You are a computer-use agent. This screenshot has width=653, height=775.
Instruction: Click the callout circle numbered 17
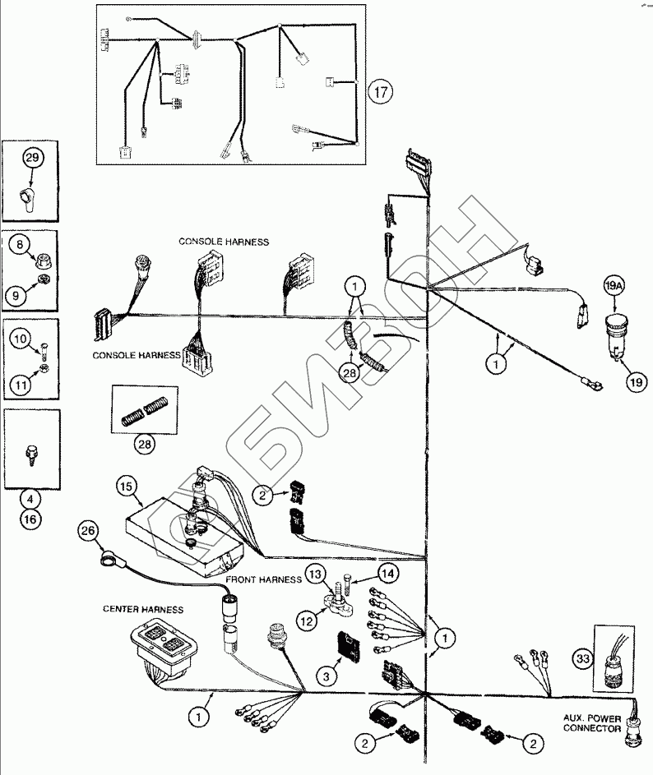pos(377,91)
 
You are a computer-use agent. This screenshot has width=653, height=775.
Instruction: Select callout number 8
pos(22,244)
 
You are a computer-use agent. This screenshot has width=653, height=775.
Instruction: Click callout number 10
pos(22,337)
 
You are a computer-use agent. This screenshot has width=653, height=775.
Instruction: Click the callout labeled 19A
pos(616,287)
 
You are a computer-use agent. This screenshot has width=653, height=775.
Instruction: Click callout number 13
pos(316,572)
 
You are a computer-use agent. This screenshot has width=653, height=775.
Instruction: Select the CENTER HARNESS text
pos(142,609)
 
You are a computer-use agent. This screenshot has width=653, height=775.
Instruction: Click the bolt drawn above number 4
pos(31,453)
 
